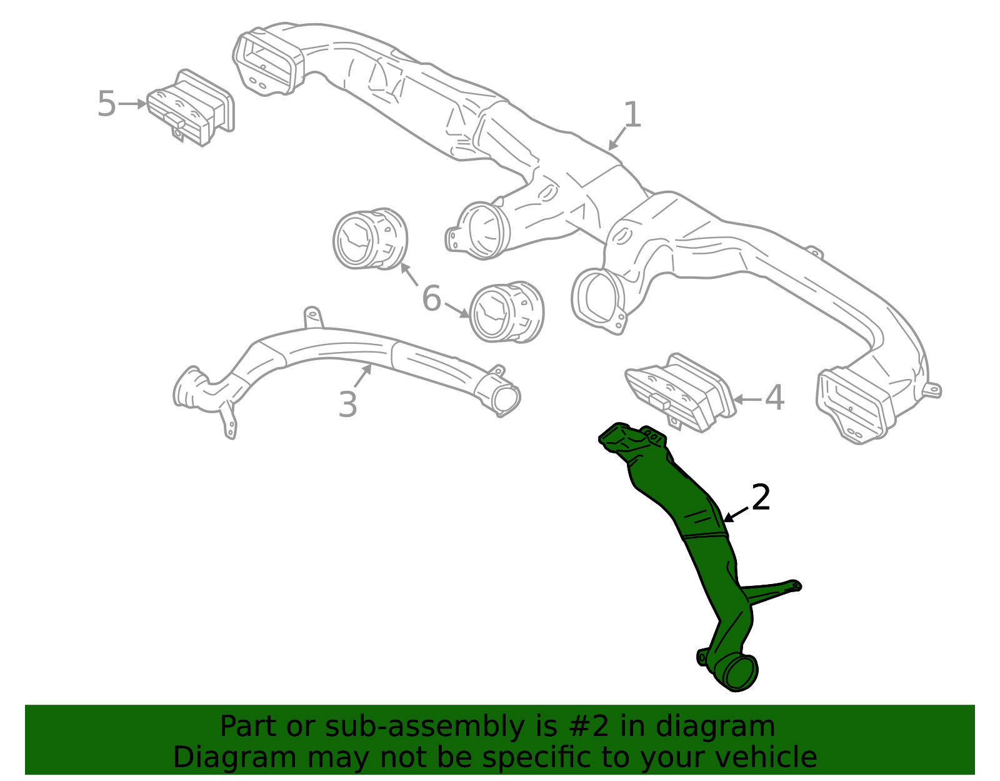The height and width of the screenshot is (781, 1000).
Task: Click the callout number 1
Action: [x=632, y=114]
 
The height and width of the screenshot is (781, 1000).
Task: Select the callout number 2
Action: [x=761, y=497]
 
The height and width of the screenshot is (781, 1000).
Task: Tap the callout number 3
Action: [x=347, y=405]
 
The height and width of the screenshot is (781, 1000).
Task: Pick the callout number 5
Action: [x=106, y=104]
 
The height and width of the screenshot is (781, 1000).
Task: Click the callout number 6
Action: [x=432, y=298]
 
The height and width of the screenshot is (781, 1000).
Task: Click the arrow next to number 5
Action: [x=132, y=104]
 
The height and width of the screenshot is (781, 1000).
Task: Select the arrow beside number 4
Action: [x=746, y=399]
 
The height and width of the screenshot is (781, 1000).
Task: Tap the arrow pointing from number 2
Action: [x=736, y=515]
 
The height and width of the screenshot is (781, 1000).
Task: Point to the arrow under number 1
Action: [x=617, y=139]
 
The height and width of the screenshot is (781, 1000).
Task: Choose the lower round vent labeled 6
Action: [x=506, y=311]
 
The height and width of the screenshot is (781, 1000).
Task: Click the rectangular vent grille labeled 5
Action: [x=191, y=108]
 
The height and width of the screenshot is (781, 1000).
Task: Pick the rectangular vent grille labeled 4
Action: [x=678, y=393]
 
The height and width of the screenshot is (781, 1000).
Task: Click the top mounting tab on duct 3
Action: [x=313, y=318]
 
